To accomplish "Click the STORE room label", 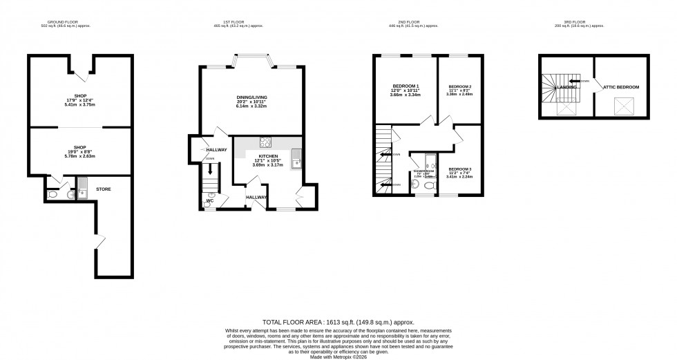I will pyautogui.click(x=104, y=189).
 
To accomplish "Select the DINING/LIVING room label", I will pyautogui.click(x=251, y=97).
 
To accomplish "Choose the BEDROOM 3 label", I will pyautogui.click(x=459, y=169).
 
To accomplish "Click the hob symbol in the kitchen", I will pyautogui.click(x=265, y=143).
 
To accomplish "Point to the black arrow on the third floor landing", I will pyautogui.click(x=574, y=81).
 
